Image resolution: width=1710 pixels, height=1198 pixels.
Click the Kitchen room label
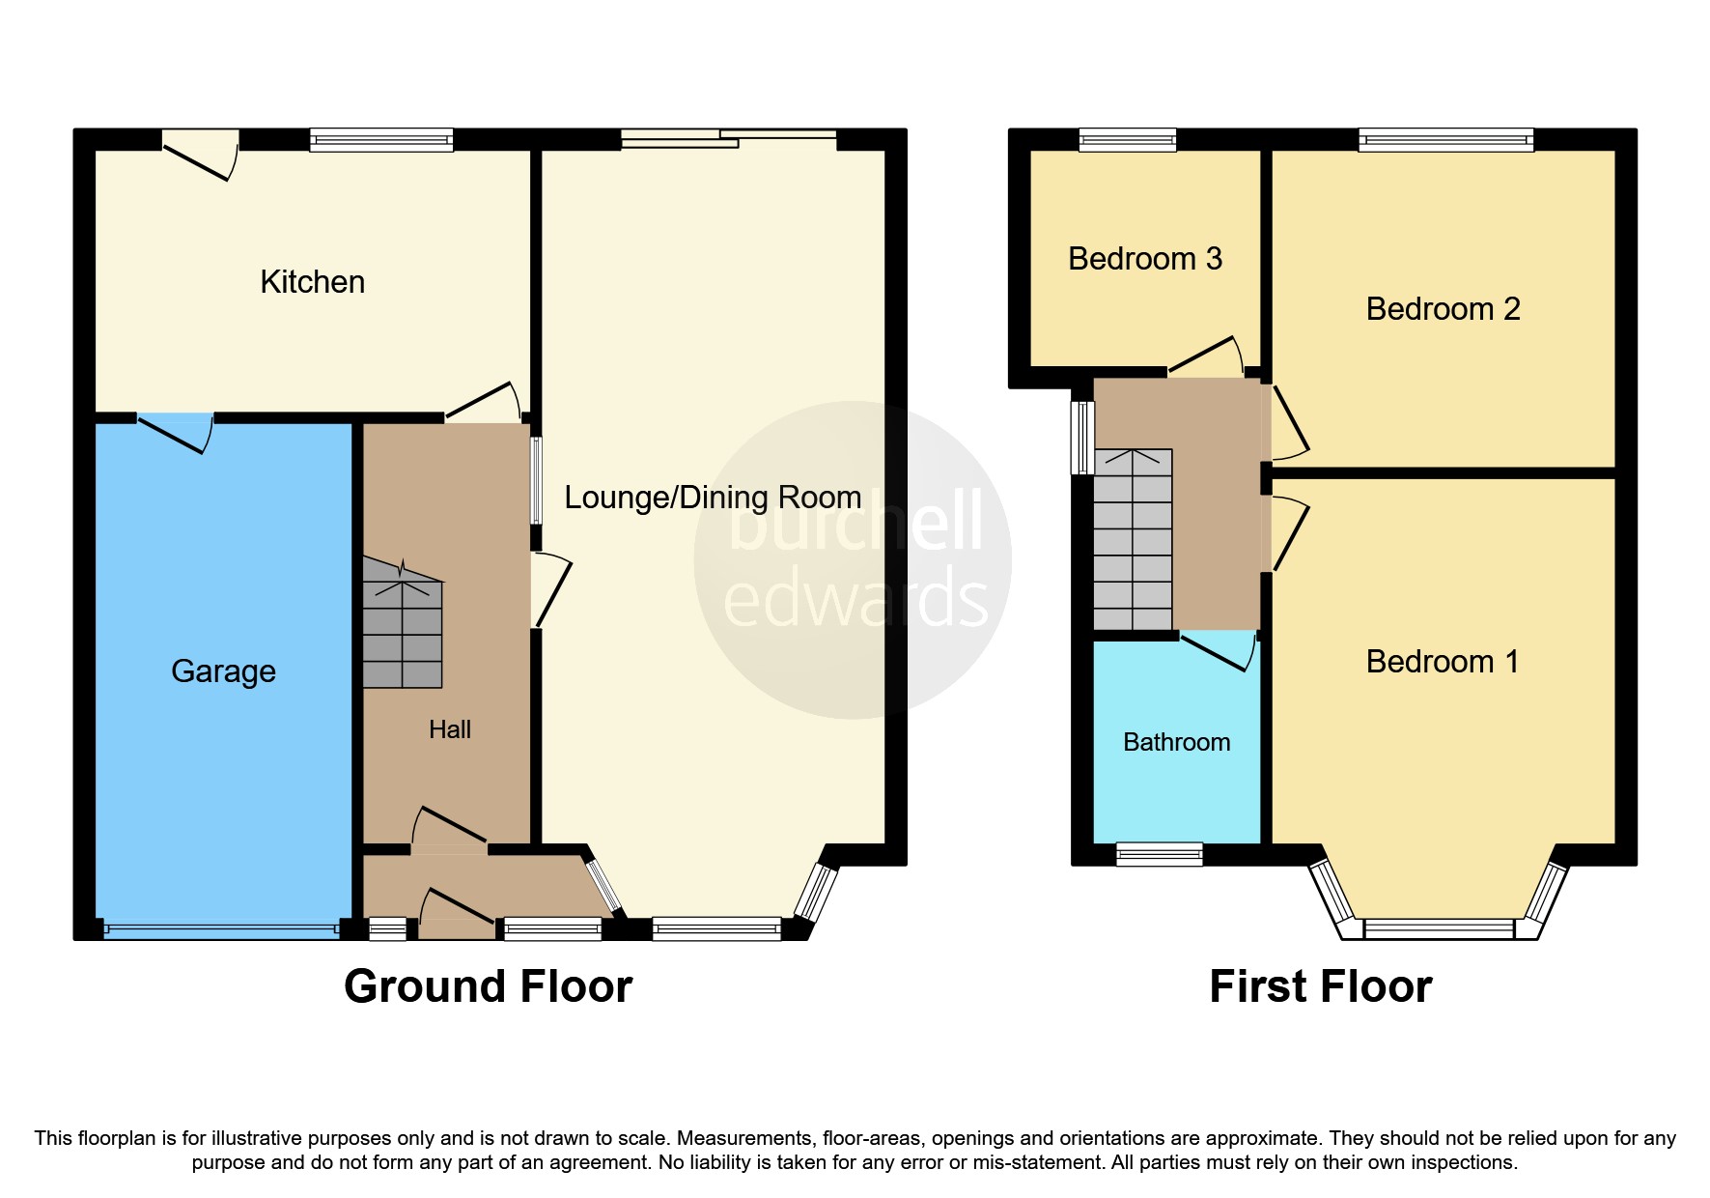point(312,282)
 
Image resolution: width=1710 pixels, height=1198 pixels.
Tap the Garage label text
point(223,670)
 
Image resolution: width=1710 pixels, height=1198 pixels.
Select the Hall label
point(449,729)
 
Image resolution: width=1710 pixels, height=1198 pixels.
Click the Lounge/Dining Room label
point(712,498)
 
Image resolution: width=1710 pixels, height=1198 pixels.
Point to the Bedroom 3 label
point(1145,259)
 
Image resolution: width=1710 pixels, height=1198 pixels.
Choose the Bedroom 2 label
point(1443,309)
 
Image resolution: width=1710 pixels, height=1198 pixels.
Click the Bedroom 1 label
point(1443,662)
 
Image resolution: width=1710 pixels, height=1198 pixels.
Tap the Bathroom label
point(1176,742)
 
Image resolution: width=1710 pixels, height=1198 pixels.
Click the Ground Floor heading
point(488,986)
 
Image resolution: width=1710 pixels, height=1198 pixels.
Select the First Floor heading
point(1320,986)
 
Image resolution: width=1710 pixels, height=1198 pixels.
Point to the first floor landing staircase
point(1133,541)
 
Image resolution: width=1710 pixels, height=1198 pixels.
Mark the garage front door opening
point(221,929)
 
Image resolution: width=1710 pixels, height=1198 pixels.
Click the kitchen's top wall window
point(381,140)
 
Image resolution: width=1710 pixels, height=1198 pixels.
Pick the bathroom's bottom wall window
point(1159,853)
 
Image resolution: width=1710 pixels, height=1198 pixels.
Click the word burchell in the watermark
point(855,522)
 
